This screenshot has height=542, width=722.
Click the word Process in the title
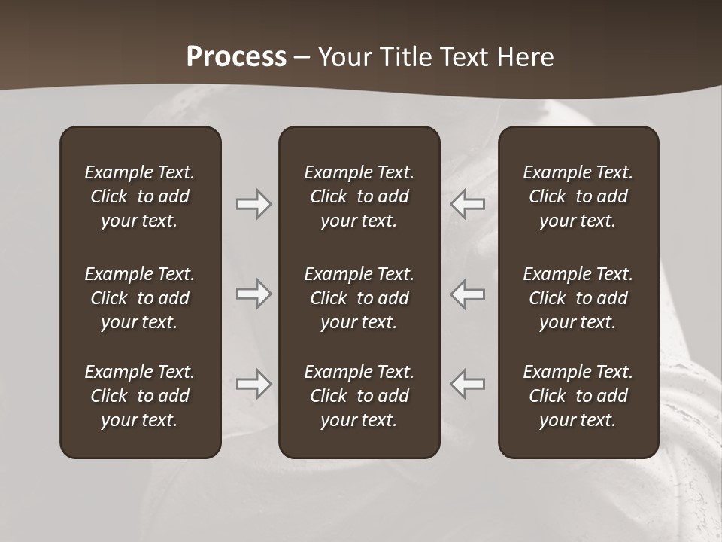click(236, 57)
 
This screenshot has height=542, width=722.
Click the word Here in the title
click(525, 57)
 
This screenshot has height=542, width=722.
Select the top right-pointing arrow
click(253, 204)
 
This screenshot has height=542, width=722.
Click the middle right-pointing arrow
click(253, 294)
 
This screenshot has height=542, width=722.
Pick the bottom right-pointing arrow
click(253, 384)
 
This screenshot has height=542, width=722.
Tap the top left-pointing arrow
click(468, 204)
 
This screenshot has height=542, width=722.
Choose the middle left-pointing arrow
click(468, 294)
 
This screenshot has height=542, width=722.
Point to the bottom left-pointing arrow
click(468, 384)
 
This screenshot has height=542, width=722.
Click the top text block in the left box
click(140, 196)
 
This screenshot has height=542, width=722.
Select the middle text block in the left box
click(140, 298)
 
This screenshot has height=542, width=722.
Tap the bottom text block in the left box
click(140, 396)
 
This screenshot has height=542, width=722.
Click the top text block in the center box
click(359, 196)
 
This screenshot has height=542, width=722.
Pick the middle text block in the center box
click(359, 298)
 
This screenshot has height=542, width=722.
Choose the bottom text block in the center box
click(359, 396)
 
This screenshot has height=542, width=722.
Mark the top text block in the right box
click(578, 196)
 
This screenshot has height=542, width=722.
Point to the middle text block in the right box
click(578, 298)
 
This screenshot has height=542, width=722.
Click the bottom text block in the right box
click(578, 396)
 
